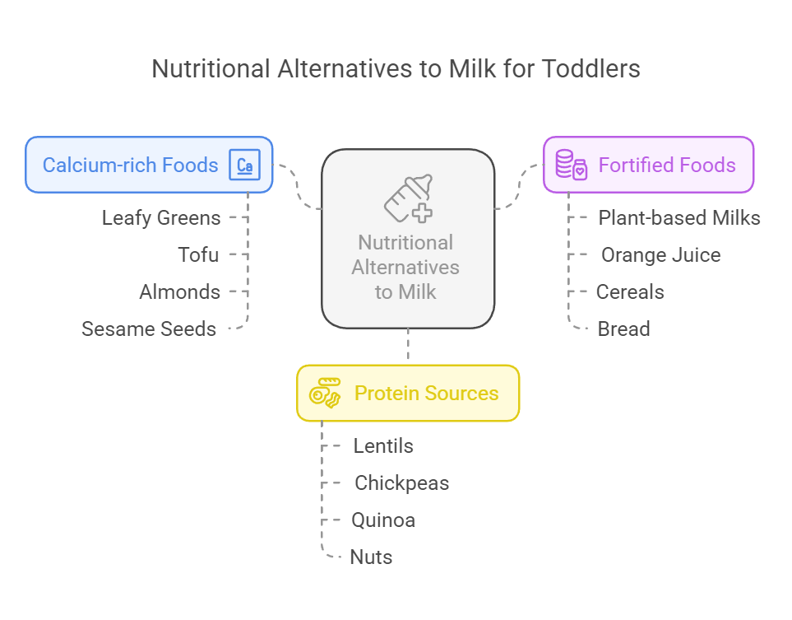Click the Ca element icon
[244, 165]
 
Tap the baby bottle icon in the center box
[409, 198]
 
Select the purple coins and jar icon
[572, 165]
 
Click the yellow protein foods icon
[325, 393]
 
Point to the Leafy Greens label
[161, 218]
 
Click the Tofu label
[198, 255]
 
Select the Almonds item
[180, 291]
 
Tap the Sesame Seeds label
[149, 329]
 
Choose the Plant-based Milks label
[679, 218]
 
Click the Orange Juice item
[660, 255]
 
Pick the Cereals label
[630, 291]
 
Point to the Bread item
[623, 329]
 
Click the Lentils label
[383, 446]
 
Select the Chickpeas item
[402, 483]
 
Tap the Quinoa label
[383, 520]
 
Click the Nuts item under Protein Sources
[371, 557]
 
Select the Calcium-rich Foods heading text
[130, 165]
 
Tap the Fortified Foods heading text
[667, 165]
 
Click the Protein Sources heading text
[426, 393]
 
